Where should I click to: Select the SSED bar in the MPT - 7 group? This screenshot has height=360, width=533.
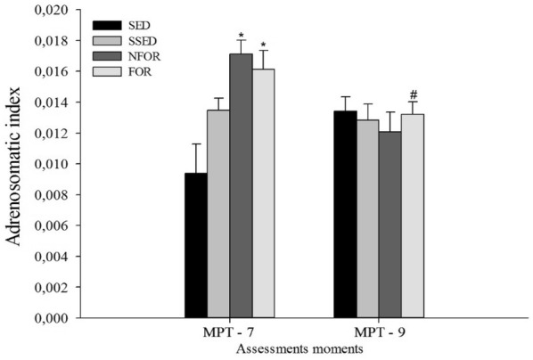click(x=218, y=214)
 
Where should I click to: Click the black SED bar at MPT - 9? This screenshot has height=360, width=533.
click(x=345, y=214)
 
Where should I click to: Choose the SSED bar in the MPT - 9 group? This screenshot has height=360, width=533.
click(x=367, y=218)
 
